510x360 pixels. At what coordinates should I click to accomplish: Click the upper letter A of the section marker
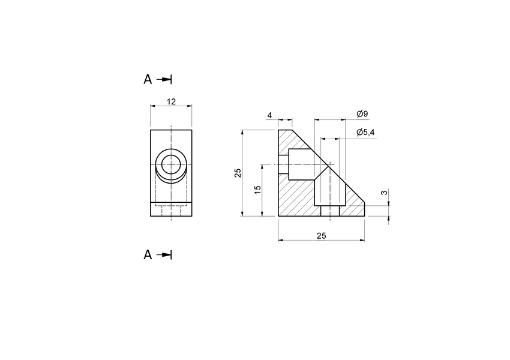pos(148,79)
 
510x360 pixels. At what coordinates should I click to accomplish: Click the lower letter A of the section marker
pos(148,255)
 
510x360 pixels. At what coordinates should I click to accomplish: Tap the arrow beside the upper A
pos(164,79)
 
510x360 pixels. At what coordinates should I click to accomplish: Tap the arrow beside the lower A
pos(164,255)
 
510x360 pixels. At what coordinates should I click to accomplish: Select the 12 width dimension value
pos(171,101)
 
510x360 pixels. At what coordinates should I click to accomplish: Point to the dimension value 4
pos(269,115)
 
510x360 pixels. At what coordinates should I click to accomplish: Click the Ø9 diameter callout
pos(362,114)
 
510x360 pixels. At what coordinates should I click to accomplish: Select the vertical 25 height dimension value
pos(238,173)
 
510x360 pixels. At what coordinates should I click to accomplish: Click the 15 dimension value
pos(258,190)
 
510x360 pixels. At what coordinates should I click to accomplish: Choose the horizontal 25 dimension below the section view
pos(321,236)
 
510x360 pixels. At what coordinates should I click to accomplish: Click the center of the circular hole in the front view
pos(171,164)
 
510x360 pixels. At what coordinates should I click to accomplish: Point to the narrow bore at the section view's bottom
pos(329,211)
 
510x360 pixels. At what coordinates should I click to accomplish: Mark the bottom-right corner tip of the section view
pos(364,216)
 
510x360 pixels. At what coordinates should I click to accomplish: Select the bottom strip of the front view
pos(171,211)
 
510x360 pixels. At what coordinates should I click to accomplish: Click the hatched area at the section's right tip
pos(354,208)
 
